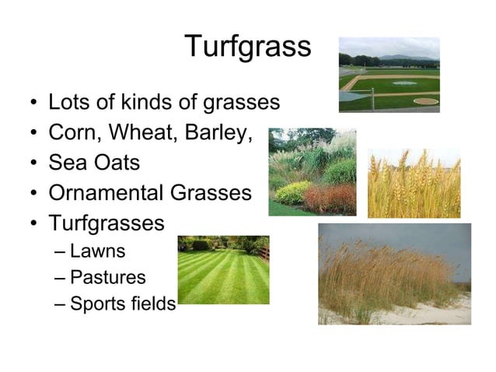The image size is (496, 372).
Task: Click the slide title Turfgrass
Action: pyautogui.click(x=248, y=47)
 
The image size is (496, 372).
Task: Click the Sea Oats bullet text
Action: pyautogui.click(x=94, y=163)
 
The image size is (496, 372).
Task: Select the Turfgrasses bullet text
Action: pyautogui.click(x=107, y=223)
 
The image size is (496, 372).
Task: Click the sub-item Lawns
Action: pyautogui.click(x=97, y=251)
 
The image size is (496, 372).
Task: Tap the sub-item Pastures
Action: pyautogui.click(x=107, y=277)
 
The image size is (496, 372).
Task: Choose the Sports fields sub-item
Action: pyautogui.click(x=123, y=304)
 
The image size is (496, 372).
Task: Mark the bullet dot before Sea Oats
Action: pyautogui.click(x=32, y=164)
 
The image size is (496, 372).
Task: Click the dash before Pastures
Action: pyautogui.click(x=61, y=278)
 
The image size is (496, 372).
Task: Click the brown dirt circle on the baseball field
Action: pyautogui.click(x=426, y=101)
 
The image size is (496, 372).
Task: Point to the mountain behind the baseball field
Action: pyautogui.click(x=412, y=58)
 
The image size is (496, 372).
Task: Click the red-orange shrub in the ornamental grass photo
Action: pyautogui.click(x=327, y=198)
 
